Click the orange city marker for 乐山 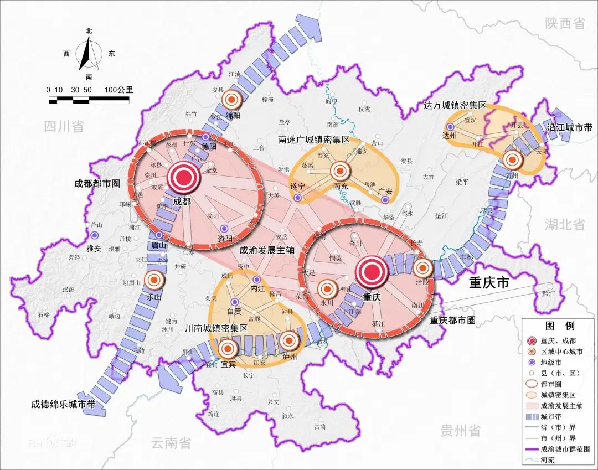coord(153,281)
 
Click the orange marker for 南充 coord(340,171)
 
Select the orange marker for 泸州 coord(289,340)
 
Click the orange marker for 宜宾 coord(228,349)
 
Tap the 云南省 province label coord(171,442)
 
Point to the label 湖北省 coord(565,224)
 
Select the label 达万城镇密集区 coord(454,105)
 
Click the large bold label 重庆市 coord(489,283)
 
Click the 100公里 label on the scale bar coord(118,89)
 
